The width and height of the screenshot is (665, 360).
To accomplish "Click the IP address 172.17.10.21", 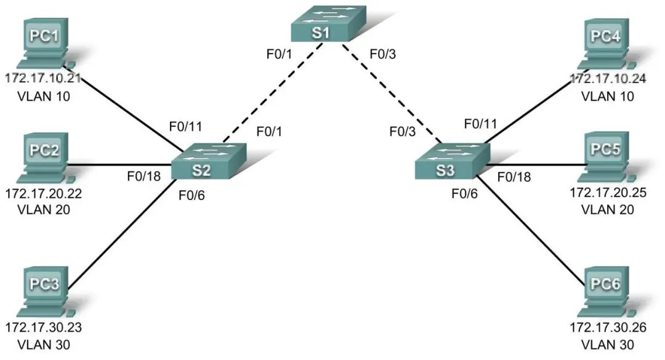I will tap(44, 79).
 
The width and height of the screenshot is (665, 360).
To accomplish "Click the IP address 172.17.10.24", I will tap(609, 79).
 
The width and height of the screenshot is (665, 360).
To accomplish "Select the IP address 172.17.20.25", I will tap(609, 193).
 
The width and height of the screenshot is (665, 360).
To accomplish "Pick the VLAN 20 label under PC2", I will tap(44, 209).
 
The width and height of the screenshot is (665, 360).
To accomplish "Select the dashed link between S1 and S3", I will tap(388, 92).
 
